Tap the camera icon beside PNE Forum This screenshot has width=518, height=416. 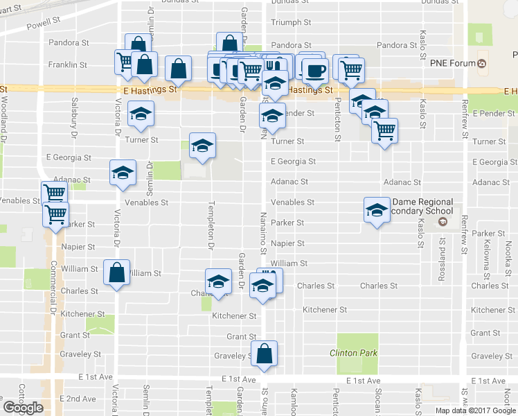483,64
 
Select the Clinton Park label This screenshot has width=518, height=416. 354,353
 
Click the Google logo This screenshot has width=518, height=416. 23,408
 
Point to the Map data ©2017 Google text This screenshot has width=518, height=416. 475,410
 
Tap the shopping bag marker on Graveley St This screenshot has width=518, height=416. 265,353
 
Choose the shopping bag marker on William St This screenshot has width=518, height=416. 116,272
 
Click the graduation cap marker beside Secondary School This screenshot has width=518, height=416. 376,210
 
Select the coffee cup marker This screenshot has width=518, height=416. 315,69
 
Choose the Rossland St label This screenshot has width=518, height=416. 442,254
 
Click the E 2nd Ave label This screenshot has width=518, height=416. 78,399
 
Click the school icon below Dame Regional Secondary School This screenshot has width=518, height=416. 443,223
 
